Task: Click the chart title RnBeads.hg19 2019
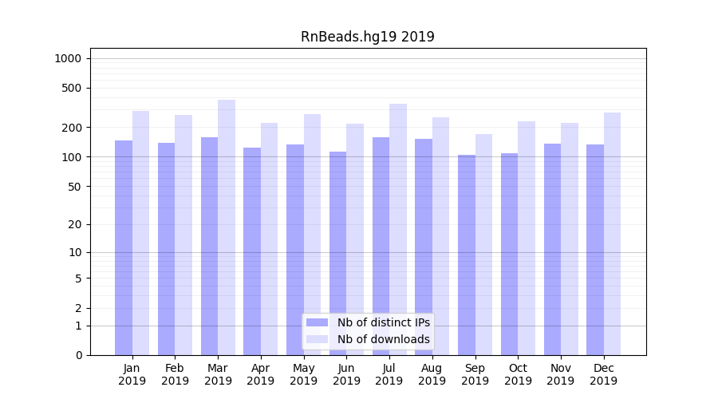(367, 37)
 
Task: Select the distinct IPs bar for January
(124, 247)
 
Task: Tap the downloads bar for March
(227, 227)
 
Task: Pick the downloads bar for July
(398, 229)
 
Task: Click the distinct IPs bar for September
(467, 255)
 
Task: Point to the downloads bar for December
(612, 234)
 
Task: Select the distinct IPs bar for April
(252, 251)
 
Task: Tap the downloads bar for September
(483, 244)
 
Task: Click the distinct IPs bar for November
(552, 249)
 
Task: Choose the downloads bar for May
(313, 235)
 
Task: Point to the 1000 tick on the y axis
(68, 58)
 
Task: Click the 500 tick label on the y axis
(72, 88)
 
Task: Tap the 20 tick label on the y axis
(75, 224)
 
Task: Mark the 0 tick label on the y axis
(78, 355)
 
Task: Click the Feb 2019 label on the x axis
(175, 374)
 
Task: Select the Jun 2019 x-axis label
(346, 374)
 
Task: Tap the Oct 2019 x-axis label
(518, 374)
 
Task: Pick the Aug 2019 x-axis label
(432, 374)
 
